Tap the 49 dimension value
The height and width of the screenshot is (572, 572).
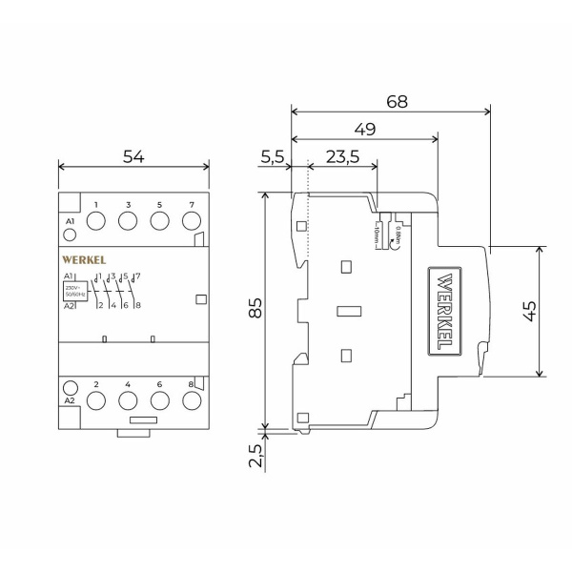click(x=363, y=129)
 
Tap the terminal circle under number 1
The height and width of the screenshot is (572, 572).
click(x=97, y=221)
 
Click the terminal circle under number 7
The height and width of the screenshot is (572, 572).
click(x=191, y=221)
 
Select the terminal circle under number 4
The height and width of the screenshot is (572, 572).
click(x=128, y=401)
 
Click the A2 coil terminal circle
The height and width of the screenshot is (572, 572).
click(x=70, y=387)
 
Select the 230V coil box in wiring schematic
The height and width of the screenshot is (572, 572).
click(x=76, y=291)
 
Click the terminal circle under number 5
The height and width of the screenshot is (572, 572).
click(x=159, y=221)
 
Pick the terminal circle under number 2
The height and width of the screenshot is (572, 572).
click(x=97, y=401)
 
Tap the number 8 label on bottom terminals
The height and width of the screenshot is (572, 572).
click(x=191, y=384)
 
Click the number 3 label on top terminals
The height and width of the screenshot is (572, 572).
click(x=128, y=205)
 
